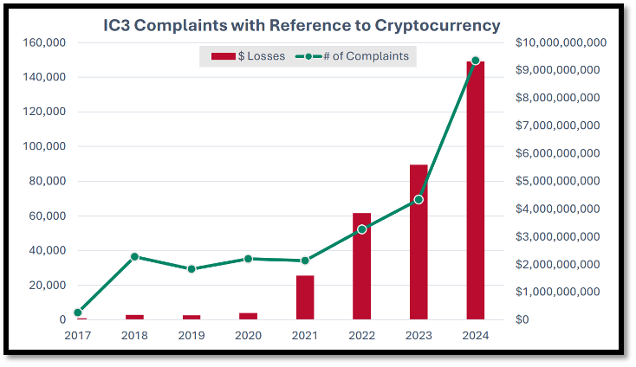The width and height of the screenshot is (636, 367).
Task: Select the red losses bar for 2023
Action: [419, 242]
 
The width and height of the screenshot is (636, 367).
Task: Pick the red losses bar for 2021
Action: [305, 298]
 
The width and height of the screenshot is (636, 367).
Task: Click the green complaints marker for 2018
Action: [134, 256]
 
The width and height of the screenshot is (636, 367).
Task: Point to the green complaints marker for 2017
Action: [77, 312]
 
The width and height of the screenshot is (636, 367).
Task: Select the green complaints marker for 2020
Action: [248, 259]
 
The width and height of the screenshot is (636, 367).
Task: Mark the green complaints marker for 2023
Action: [419, 200]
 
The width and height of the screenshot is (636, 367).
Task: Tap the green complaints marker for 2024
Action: [475, 61]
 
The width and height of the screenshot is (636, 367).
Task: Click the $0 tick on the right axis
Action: [523, 319]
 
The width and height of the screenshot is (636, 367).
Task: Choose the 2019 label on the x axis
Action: [191, 336]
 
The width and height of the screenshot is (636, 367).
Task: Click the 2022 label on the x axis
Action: [361, 336]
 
